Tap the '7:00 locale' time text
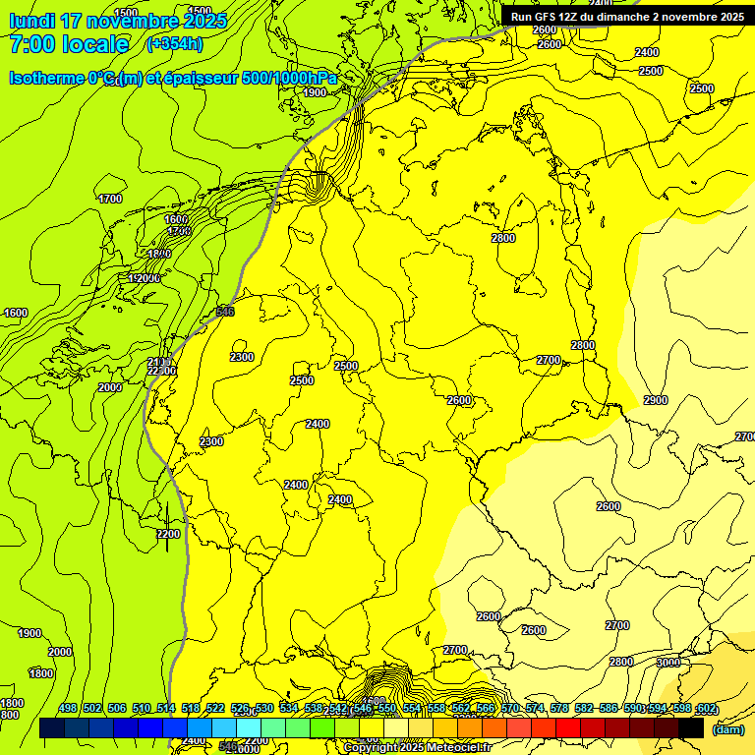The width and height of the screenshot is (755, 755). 69,44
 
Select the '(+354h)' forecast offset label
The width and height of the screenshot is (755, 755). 174,44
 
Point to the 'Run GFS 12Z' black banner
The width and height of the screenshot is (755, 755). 626,16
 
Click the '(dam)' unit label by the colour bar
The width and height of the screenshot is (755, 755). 726,728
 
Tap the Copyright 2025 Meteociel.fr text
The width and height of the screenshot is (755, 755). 423,747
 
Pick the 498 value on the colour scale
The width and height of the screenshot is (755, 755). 68,709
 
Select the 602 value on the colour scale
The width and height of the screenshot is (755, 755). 706,709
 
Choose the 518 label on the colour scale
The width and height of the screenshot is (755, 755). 191,709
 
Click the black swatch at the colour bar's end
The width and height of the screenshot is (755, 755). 692,728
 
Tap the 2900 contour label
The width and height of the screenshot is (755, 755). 655,400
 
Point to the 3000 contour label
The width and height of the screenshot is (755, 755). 668,663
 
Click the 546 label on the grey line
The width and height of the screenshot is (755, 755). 225,312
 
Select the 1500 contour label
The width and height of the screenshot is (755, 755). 126,13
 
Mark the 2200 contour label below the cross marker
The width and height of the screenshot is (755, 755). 168,534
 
